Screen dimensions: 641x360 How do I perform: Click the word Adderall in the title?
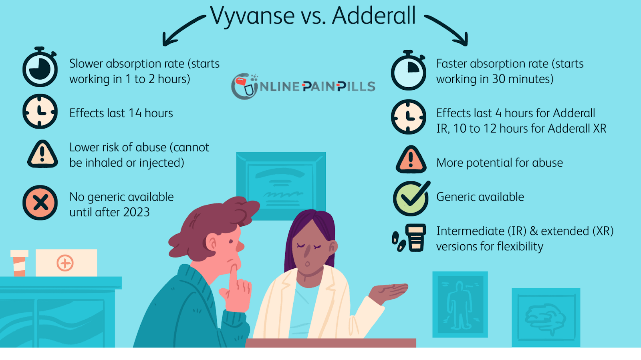pyautogui.click(x=374, y=15)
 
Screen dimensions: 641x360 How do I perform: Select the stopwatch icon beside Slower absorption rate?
pyautogui.click(x=40, y=67)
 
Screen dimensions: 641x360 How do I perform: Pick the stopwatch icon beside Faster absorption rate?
pyautogui.click(x=409, y=70)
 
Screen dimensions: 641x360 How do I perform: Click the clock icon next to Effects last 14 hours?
pyautogui.click(x=40, y=111)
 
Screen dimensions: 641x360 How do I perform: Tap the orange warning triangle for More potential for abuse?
pyautogui.click(x=411, y=159)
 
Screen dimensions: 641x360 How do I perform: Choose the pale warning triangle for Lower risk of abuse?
pyautogui.click(x=42, y=154)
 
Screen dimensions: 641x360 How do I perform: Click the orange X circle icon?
pyautogui.click(x=40, y=203)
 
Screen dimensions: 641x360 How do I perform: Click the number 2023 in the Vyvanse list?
pyautogui.click(x=136, y=213)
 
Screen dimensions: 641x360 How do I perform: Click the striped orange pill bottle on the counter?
pyautogui.click(x=20, y=263)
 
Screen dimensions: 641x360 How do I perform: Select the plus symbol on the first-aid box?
pyautogui.click(x=65, y=263)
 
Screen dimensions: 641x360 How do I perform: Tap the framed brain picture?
pyautogui.click(x=546, y=317)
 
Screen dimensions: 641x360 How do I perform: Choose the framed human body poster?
pyautogui.click(x=460, y=304)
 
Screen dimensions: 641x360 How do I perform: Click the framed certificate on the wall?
pyautogui.click(x=281, y=186)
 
